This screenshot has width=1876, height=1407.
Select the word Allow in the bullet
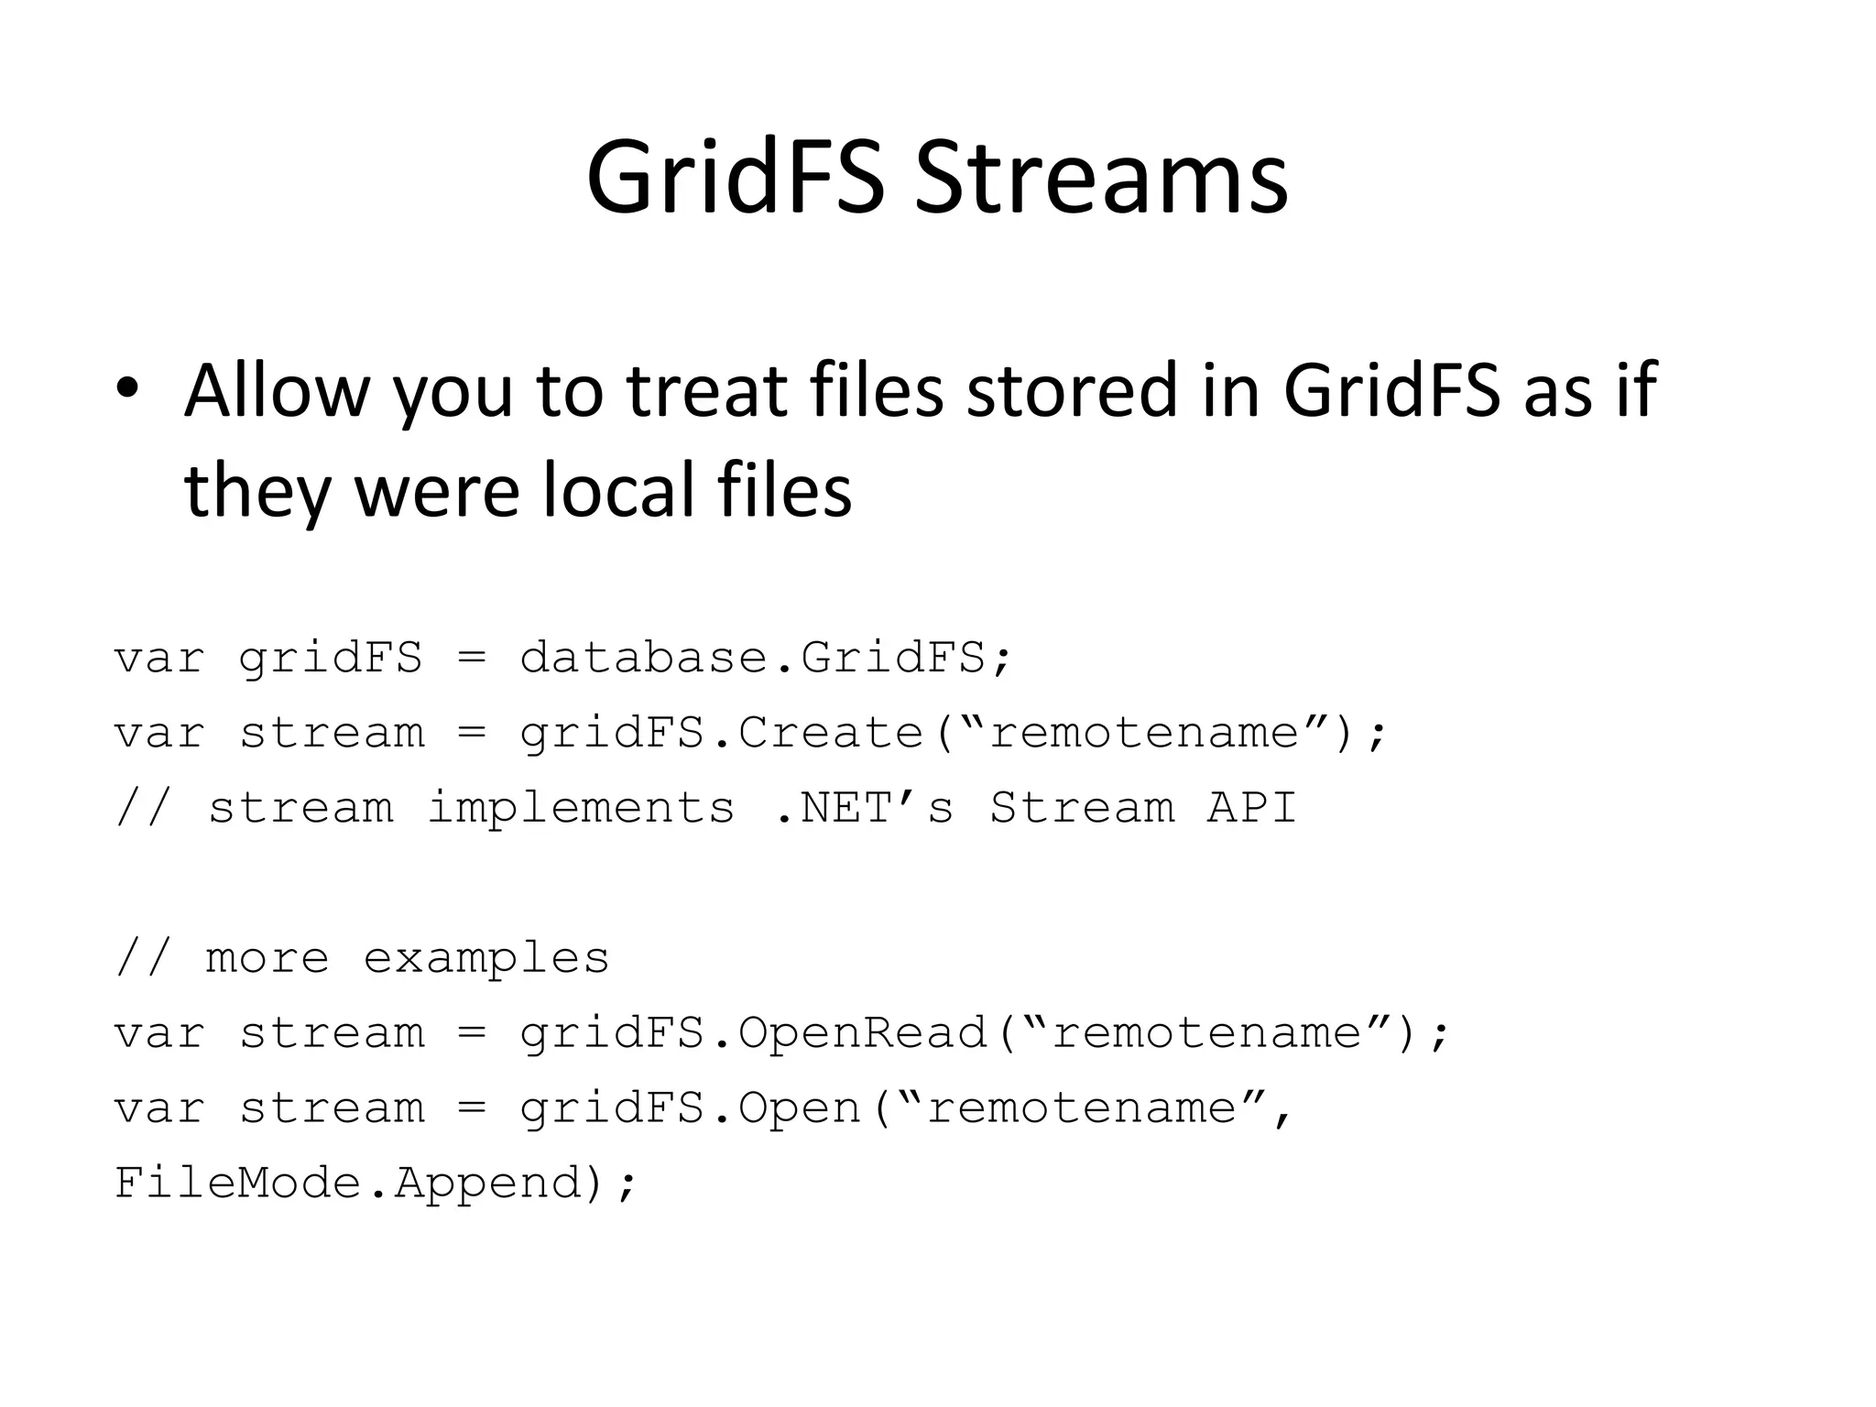276,391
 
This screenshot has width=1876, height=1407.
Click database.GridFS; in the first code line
766,658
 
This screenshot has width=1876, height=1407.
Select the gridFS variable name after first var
331,658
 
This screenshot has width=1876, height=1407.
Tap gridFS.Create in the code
721,733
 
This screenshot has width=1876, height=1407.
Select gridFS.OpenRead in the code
753,1033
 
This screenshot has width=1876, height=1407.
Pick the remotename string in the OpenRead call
1206,1033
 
